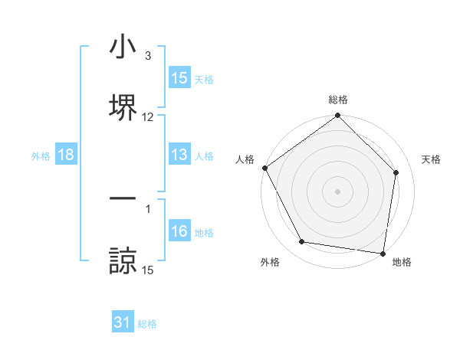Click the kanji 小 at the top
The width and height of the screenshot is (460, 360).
[123, 47]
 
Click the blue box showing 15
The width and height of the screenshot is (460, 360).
[179, 78]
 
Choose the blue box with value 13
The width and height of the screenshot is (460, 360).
[179, 155]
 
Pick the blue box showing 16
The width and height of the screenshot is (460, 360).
[179, 231]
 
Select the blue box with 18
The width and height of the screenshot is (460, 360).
[66, 155]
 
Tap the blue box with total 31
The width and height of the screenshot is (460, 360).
[123, 323]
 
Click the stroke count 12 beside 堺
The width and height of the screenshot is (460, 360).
[148, 117]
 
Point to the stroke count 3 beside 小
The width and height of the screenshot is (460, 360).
[147, 55]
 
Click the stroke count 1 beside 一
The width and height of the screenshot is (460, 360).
[147, 208]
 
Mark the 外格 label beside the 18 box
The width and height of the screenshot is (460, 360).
[41, 156]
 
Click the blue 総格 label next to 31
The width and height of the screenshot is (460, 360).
[147, 324]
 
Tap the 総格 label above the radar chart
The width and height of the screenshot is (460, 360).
[338, 100]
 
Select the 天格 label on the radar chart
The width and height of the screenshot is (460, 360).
[431, 159]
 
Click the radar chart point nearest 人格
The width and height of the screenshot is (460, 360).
[264, 168]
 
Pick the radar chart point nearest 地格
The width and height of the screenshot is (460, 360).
[383, 253]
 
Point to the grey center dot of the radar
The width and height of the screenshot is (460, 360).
[338, 191]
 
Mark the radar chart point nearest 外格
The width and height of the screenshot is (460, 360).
[302, 242]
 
